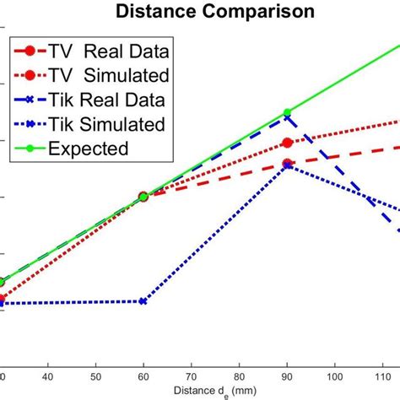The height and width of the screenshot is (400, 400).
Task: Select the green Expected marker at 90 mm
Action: point(288,112)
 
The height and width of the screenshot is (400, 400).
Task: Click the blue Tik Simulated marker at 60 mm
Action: point(143,301)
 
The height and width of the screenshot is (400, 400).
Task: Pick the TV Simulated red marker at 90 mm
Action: point(288,143)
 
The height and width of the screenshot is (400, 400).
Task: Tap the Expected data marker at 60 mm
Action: point(143,196)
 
